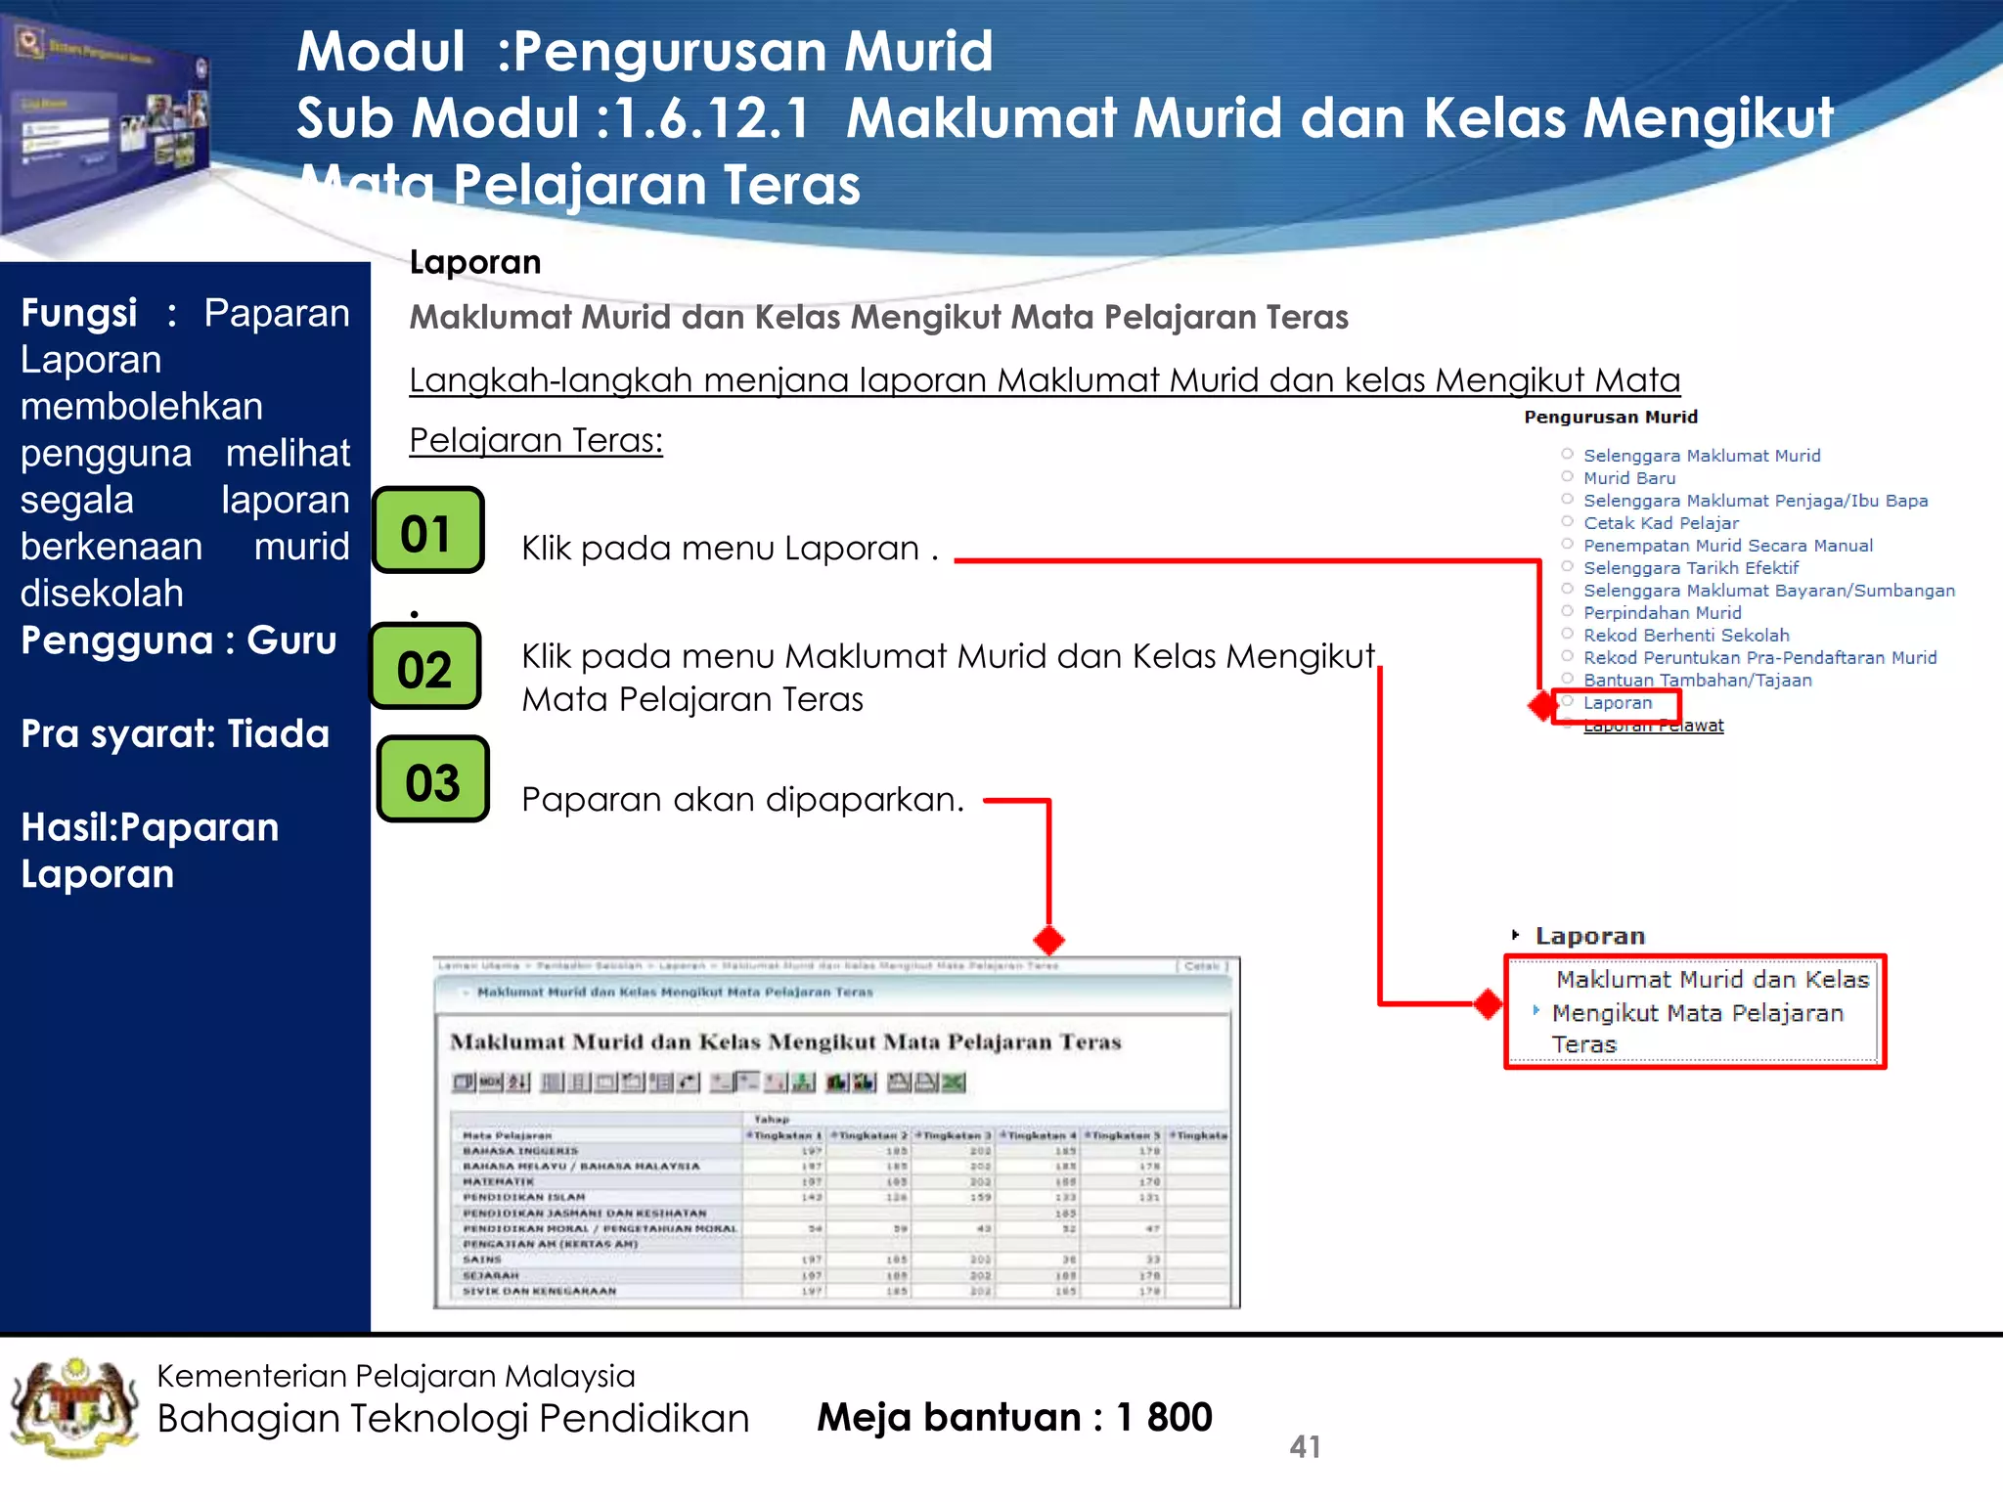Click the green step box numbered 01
point(428,531)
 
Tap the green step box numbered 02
point(425,667)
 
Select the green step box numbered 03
point(432,780)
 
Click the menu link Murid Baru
point(1629,478)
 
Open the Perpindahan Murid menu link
point(1662,613)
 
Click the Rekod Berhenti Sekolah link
point(1686,636)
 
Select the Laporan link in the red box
point(1618,703)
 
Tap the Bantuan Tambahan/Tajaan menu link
point(1697,681)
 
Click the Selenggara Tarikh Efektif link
point(1690,568)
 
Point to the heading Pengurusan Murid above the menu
point(1610,418)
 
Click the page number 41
point(1305,1446)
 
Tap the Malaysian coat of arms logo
point(74,1408)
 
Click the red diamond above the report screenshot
point(1048,940)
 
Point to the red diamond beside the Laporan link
point(1542,704)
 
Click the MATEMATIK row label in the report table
point(498,1181)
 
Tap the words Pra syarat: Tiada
point(175,733)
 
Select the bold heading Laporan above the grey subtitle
point(475,262)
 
